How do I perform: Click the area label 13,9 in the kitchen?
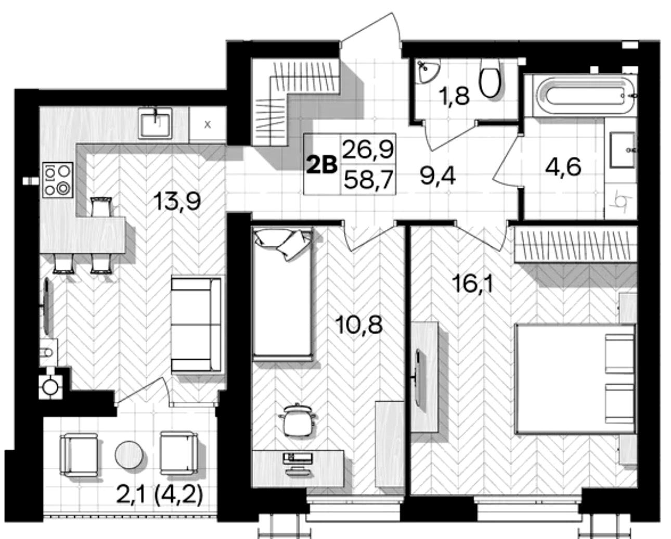pos(176,201)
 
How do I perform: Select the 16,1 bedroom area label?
pos(474,284)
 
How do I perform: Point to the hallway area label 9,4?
pos(437,176)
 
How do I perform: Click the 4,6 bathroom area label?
pos(563,167)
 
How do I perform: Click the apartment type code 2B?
pos(322,165)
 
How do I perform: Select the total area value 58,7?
pos(368,180)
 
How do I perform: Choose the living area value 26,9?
pos(368,149)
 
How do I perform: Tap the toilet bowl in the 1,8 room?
pos(491,78)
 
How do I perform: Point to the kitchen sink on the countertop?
pos(156,123)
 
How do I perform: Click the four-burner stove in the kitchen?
pos(58,180)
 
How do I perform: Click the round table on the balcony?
pos(129,455)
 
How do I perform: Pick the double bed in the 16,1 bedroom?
pos(575,378)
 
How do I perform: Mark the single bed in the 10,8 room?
pos(282,294)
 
